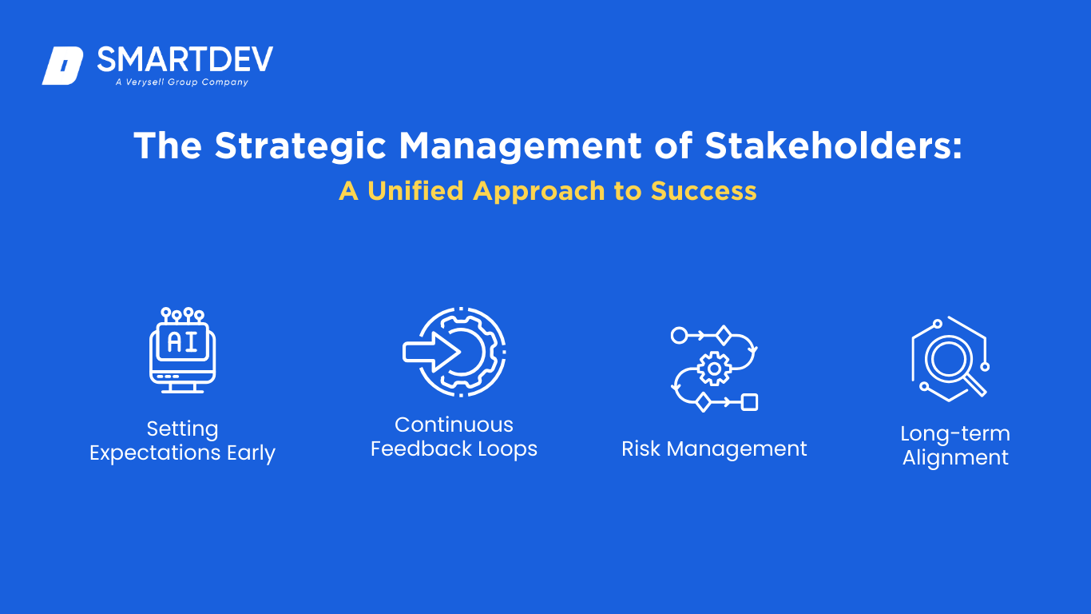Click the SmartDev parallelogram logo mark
coord(62,66)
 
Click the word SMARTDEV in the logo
coord(185,59)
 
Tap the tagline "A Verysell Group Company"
coord(182,82)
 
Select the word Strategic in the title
coord(300,146)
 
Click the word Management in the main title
coord(521,146)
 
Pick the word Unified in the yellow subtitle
coord(415,190)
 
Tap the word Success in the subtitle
coord(704,191)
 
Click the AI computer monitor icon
coord(183,350)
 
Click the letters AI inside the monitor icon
coord(183,342)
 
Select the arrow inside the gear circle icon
coord(432,352)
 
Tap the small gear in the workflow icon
coord(714,369)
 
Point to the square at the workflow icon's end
coord(750,402)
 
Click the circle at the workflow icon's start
coord(679,336)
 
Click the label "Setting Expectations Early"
coord(183,441)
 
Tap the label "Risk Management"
coord(714,449)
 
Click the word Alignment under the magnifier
coord(955,458)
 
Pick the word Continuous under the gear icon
coord(454,425)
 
